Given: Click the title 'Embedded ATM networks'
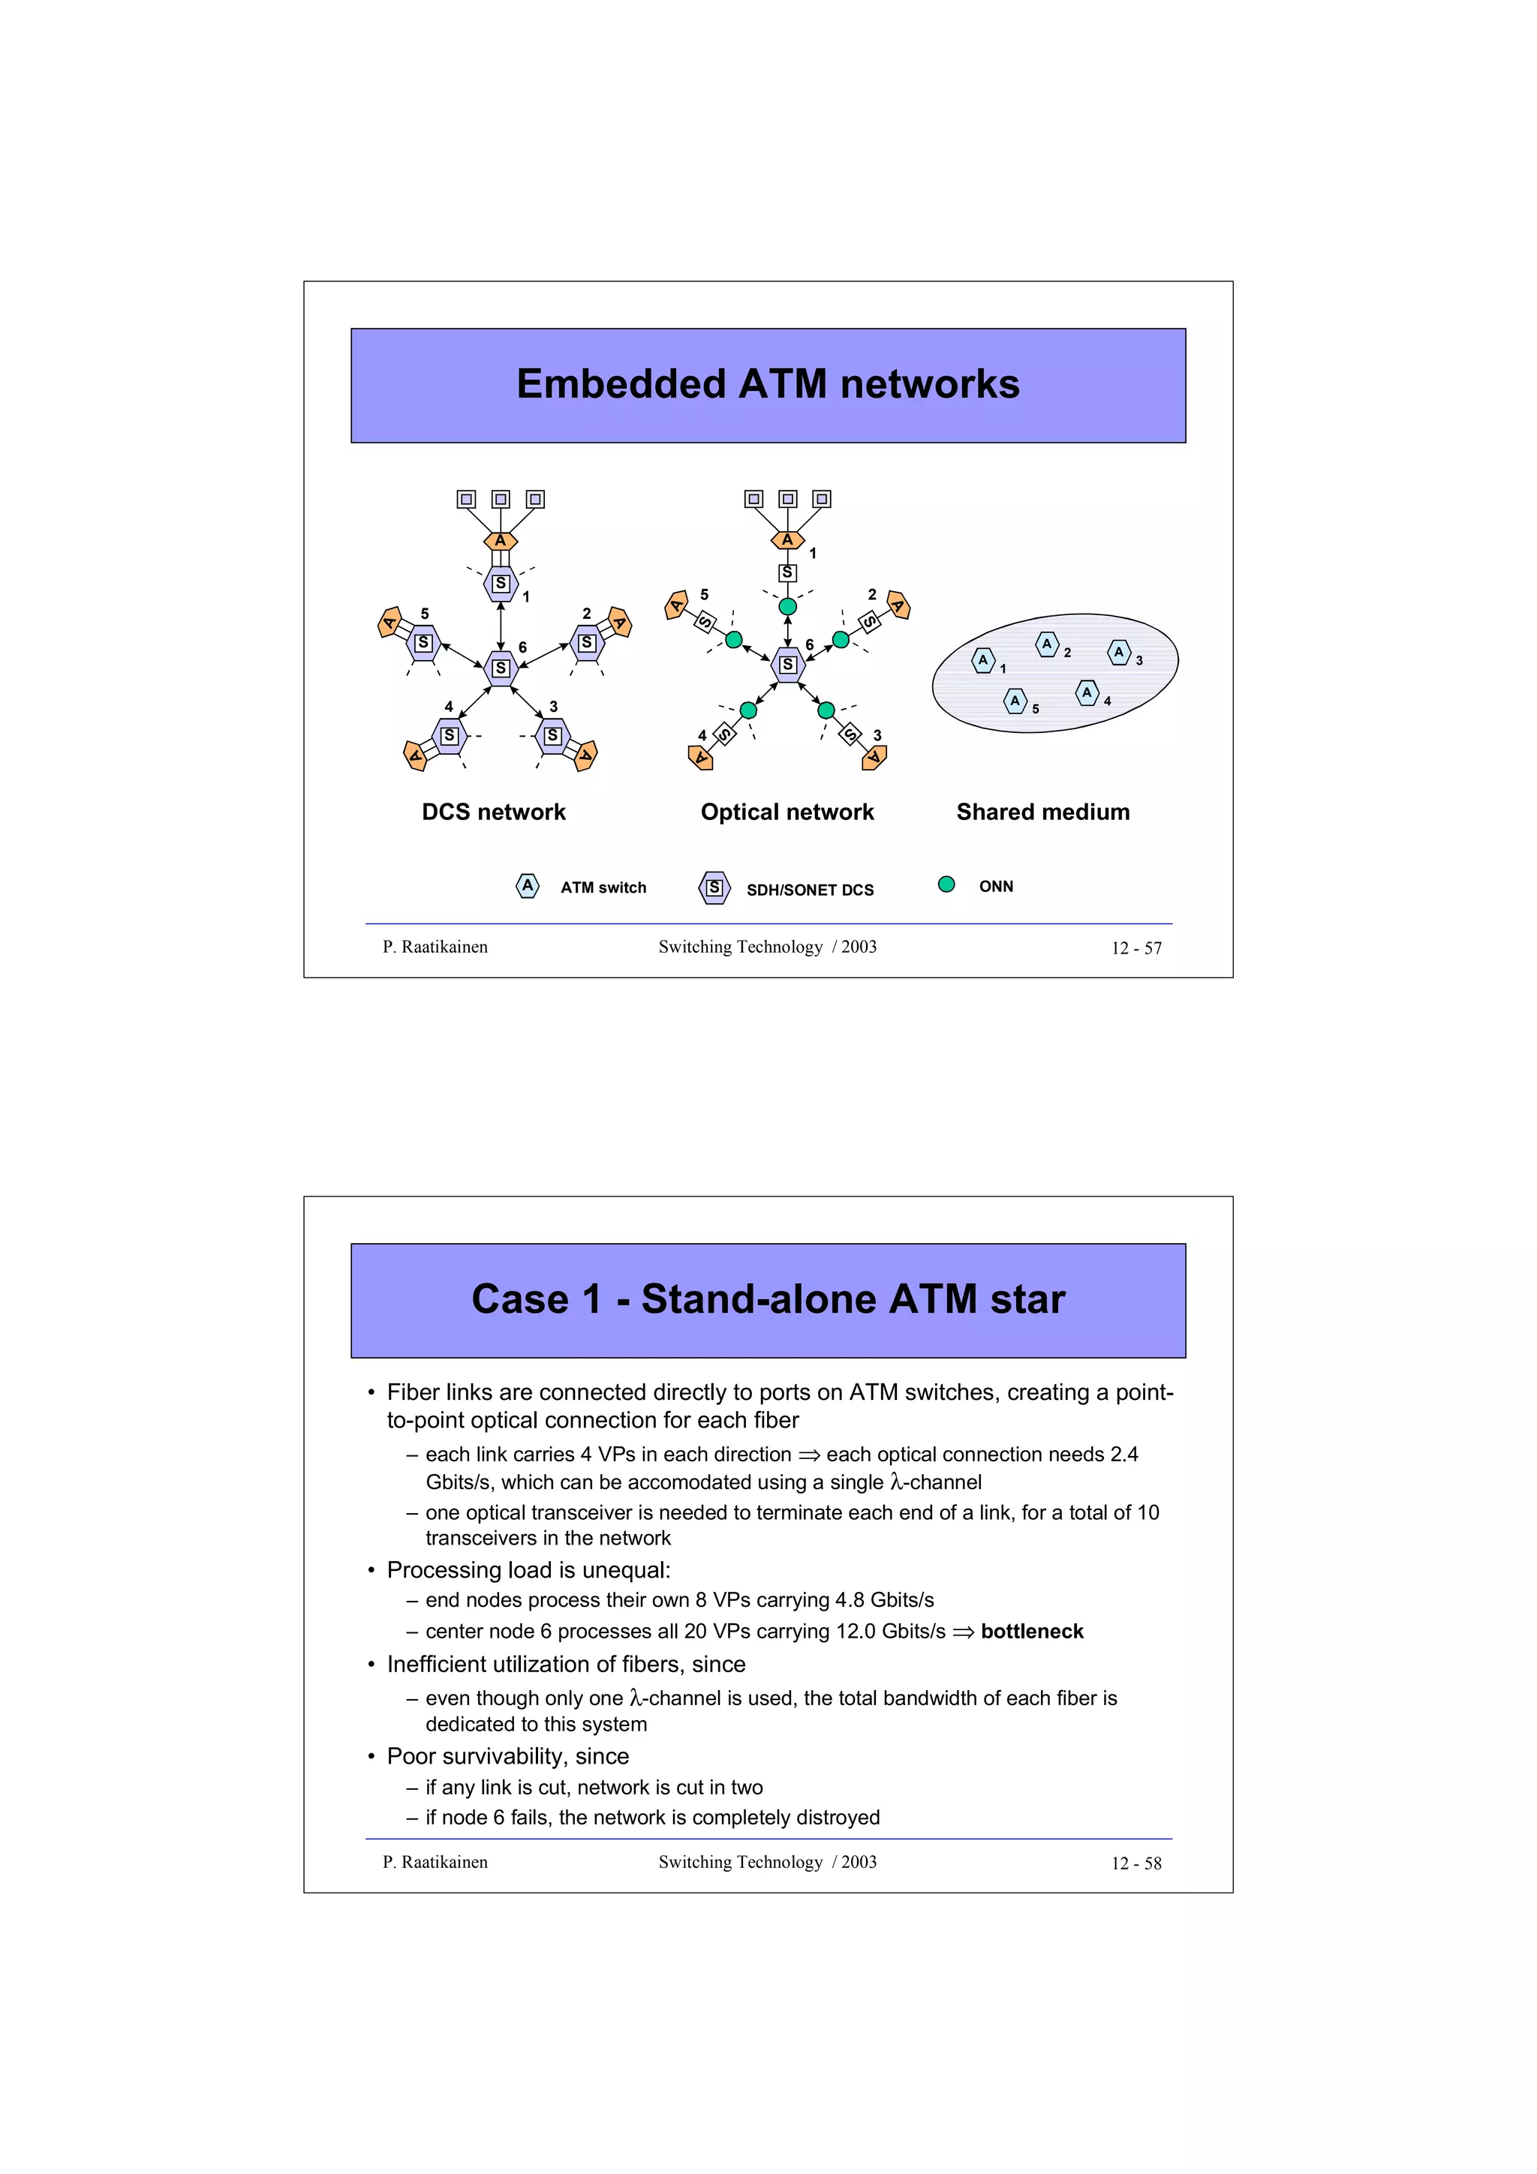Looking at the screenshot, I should coord(767,384).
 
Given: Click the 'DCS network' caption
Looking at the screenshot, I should coord(493,812).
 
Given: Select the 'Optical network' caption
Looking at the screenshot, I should coord(787,812).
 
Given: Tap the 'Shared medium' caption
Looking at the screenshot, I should coord(1042,812).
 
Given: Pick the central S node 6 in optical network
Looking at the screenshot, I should coord(787,665).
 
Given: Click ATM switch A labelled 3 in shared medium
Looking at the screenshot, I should coord(1118,653).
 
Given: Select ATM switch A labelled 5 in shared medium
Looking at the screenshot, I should coord(1014,701).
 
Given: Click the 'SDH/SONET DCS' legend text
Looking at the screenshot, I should coord(810,890).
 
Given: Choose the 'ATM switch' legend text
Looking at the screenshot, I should coord(603,887).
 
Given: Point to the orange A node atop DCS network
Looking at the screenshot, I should coord(500,541).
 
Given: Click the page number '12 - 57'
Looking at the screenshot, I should coord(1135,947).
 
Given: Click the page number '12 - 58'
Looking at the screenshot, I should coord(1135,1863).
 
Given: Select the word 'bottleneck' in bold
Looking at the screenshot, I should coord(1031,1632).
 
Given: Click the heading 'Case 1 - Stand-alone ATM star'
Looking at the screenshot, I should coord(767,1299).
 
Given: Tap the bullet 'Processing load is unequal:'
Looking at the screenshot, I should coord(528,1570).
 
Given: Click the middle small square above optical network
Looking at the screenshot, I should coord(787,499).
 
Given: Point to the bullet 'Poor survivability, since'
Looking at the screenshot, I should coord(507,1756).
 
